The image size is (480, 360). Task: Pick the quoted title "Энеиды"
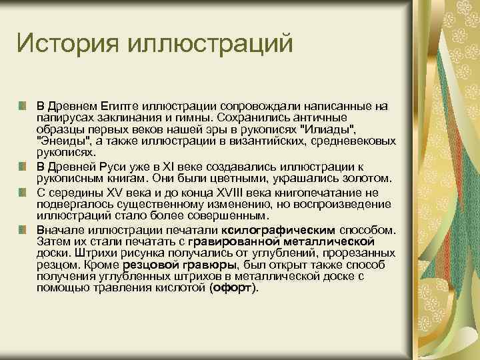(x=63, y=142)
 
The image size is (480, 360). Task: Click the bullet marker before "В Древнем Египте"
(x=23, y=107)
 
